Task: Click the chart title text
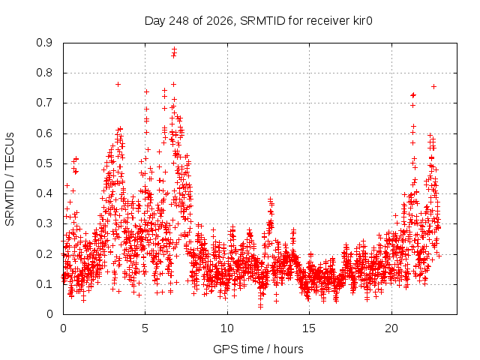click(x=258, y=21)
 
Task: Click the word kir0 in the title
click(x=361, y=21)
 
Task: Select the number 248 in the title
click(x=179, y=21)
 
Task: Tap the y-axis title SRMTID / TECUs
click(x=10, y=179)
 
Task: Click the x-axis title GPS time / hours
click(x=258, y=349)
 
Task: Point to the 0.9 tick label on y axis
click(x=44, y=43)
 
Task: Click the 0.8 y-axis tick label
click(x=44, y=73)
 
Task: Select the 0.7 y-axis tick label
click(x=44, y=103)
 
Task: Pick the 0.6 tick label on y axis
click(x=44, y=133)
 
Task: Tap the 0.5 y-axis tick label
click(x=44, y=163)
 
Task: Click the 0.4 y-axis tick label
click(x=44, y=193)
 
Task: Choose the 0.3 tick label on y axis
click(x=44, y=223)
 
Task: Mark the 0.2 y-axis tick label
click(x=44, y=254)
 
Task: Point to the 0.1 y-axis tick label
click(x=44, y=284)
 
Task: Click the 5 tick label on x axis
click(x=145, y=328)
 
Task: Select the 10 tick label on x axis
click(x=227, y=328)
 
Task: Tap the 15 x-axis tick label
click(x=309, y=328)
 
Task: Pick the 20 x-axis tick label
click(x=391, y=328)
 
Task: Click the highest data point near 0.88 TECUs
click(x=174, y=49)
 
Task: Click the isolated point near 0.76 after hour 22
click(x=433, y=87)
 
